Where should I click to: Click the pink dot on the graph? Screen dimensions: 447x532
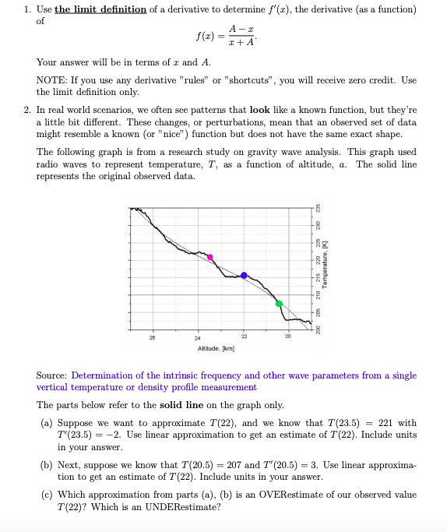pyautogui.click(x=209, y=256)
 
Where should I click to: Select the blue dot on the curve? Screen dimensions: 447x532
pyautogui.click(x=244, y=275)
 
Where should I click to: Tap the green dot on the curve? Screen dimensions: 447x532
pyautogui.click(x=279, y=303)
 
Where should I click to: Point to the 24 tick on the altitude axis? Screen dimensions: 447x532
pyautogui.click(x=199, y=337)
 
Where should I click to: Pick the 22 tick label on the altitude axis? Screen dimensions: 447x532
pyautogui.click(x=244, y=337)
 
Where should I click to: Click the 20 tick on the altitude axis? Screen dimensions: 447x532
pyautogui.click(x=288, y=337)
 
